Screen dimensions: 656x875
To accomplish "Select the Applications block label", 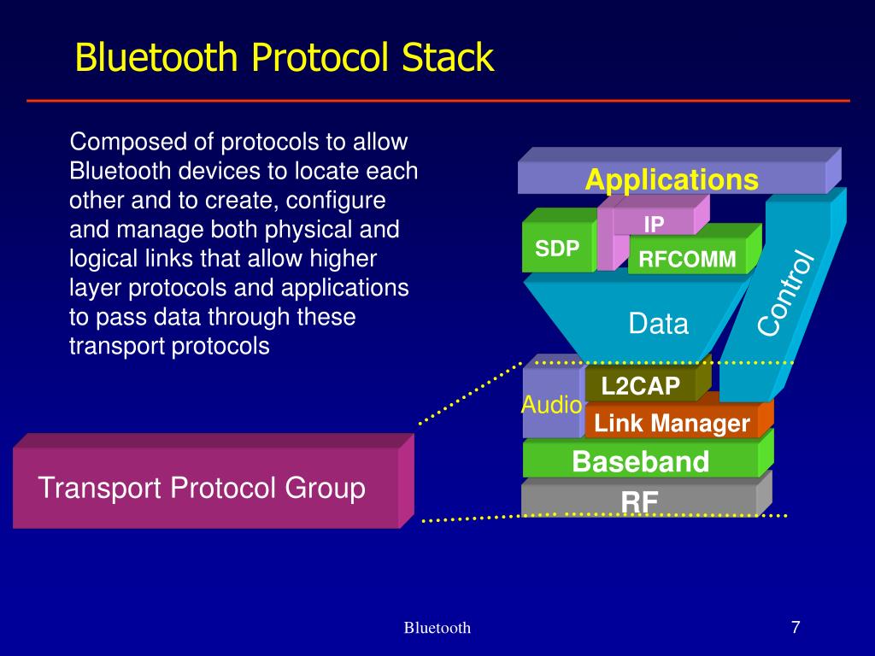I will tap(671, 180).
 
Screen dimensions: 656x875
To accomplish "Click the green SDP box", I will tap(558, 249).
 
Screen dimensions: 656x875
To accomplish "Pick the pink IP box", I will tap(654, 225).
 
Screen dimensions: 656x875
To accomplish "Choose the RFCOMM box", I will tap(688, 260).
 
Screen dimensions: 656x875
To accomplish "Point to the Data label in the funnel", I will tap(658, 324).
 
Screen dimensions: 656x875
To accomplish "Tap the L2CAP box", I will tap(640, 387).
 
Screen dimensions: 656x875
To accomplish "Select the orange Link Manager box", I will tap(672, 423).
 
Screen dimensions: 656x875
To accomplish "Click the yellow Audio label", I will tap(551, 405).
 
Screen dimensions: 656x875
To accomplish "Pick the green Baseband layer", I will tap(640, 462).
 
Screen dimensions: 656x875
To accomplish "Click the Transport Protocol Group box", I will tap(203, 489).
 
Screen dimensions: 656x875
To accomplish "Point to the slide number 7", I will tap(795, 627).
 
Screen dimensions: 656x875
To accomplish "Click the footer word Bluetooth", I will tap(437, 628).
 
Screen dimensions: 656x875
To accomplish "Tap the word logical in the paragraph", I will tap(100, 259).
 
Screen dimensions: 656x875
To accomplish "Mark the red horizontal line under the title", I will tap(437, 101).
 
